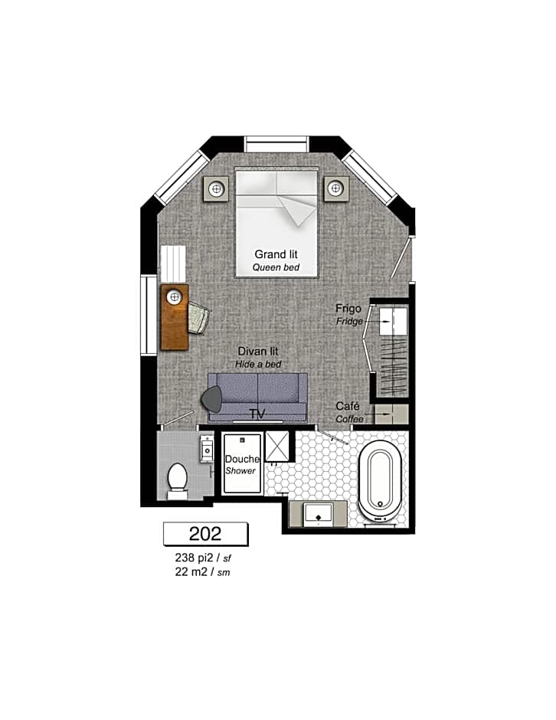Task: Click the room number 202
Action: (205, 534)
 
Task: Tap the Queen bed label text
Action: (276, 267)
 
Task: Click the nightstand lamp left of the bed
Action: (216, 188)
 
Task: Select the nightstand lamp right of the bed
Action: (335, 188)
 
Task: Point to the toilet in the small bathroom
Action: (177, 481)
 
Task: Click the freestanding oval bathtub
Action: (380, 481)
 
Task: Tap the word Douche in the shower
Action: (242, 459)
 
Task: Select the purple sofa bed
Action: (257, 398)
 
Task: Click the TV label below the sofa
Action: (257, 414)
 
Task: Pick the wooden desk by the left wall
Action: (175, 317)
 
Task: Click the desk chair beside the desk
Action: (198, 317)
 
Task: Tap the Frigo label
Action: (348, 309)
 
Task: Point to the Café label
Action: (348, 406)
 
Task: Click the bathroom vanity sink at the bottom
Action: (319, 514)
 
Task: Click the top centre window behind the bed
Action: (276, 144)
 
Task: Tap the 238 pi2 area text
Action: (195, 558)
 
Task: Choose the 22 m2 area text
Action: (191, 571)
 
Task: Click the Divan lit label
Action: (258, 352)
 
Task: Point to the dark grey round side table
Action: (211, 399)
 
